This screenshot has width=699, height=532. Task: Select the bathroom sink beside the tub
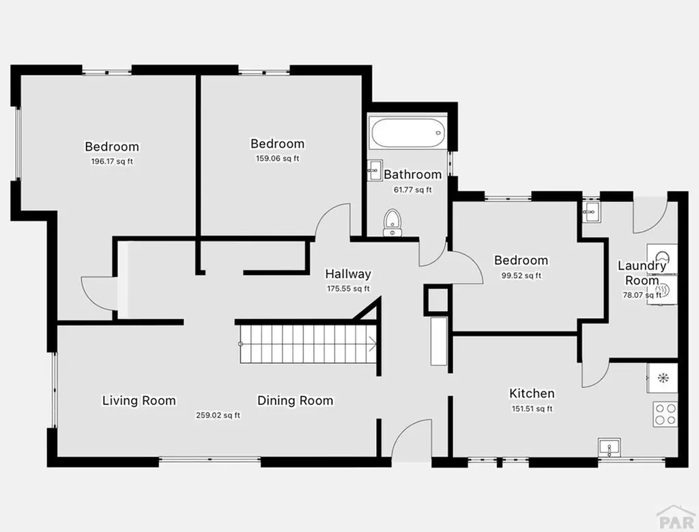[x=374, y=171]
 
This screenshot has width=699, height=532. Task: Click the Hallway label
[x=348, y=274]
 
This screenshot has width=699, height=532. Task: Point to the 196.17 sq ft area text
[x=112, y=162]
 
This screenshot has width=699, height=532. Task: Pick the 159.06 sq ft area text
[x=278, y=159]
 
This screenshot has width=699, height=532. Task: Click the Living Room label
[x=139, y=400]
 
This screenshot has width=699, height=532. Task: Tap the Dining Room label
[x=296, y=400]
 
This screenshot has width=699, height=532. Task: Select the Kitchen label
[x=532, y=394]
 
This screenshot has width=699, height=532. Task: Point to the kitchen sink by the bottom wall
[x=608, y=447]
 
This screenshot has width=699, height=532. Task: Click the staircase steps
[x=307, y=344]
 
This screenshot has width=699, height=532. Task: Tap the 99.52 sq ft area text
[x=522, y=276]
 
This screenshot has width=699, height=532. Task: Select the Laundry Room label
[x=642, y=273]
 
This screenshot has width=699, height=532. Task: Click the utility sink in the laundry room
[x=590, y=211]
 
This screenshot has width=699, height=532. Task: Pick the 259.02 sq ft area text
[x=218, y=415]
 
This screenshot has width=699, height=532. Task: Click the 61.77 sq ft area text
[x=412, y=190]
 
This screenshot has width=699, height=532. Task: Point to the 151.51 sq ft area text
[x=531, y=409]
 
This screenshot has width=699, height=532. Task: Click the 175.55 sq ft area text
[x=348, y=289]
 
